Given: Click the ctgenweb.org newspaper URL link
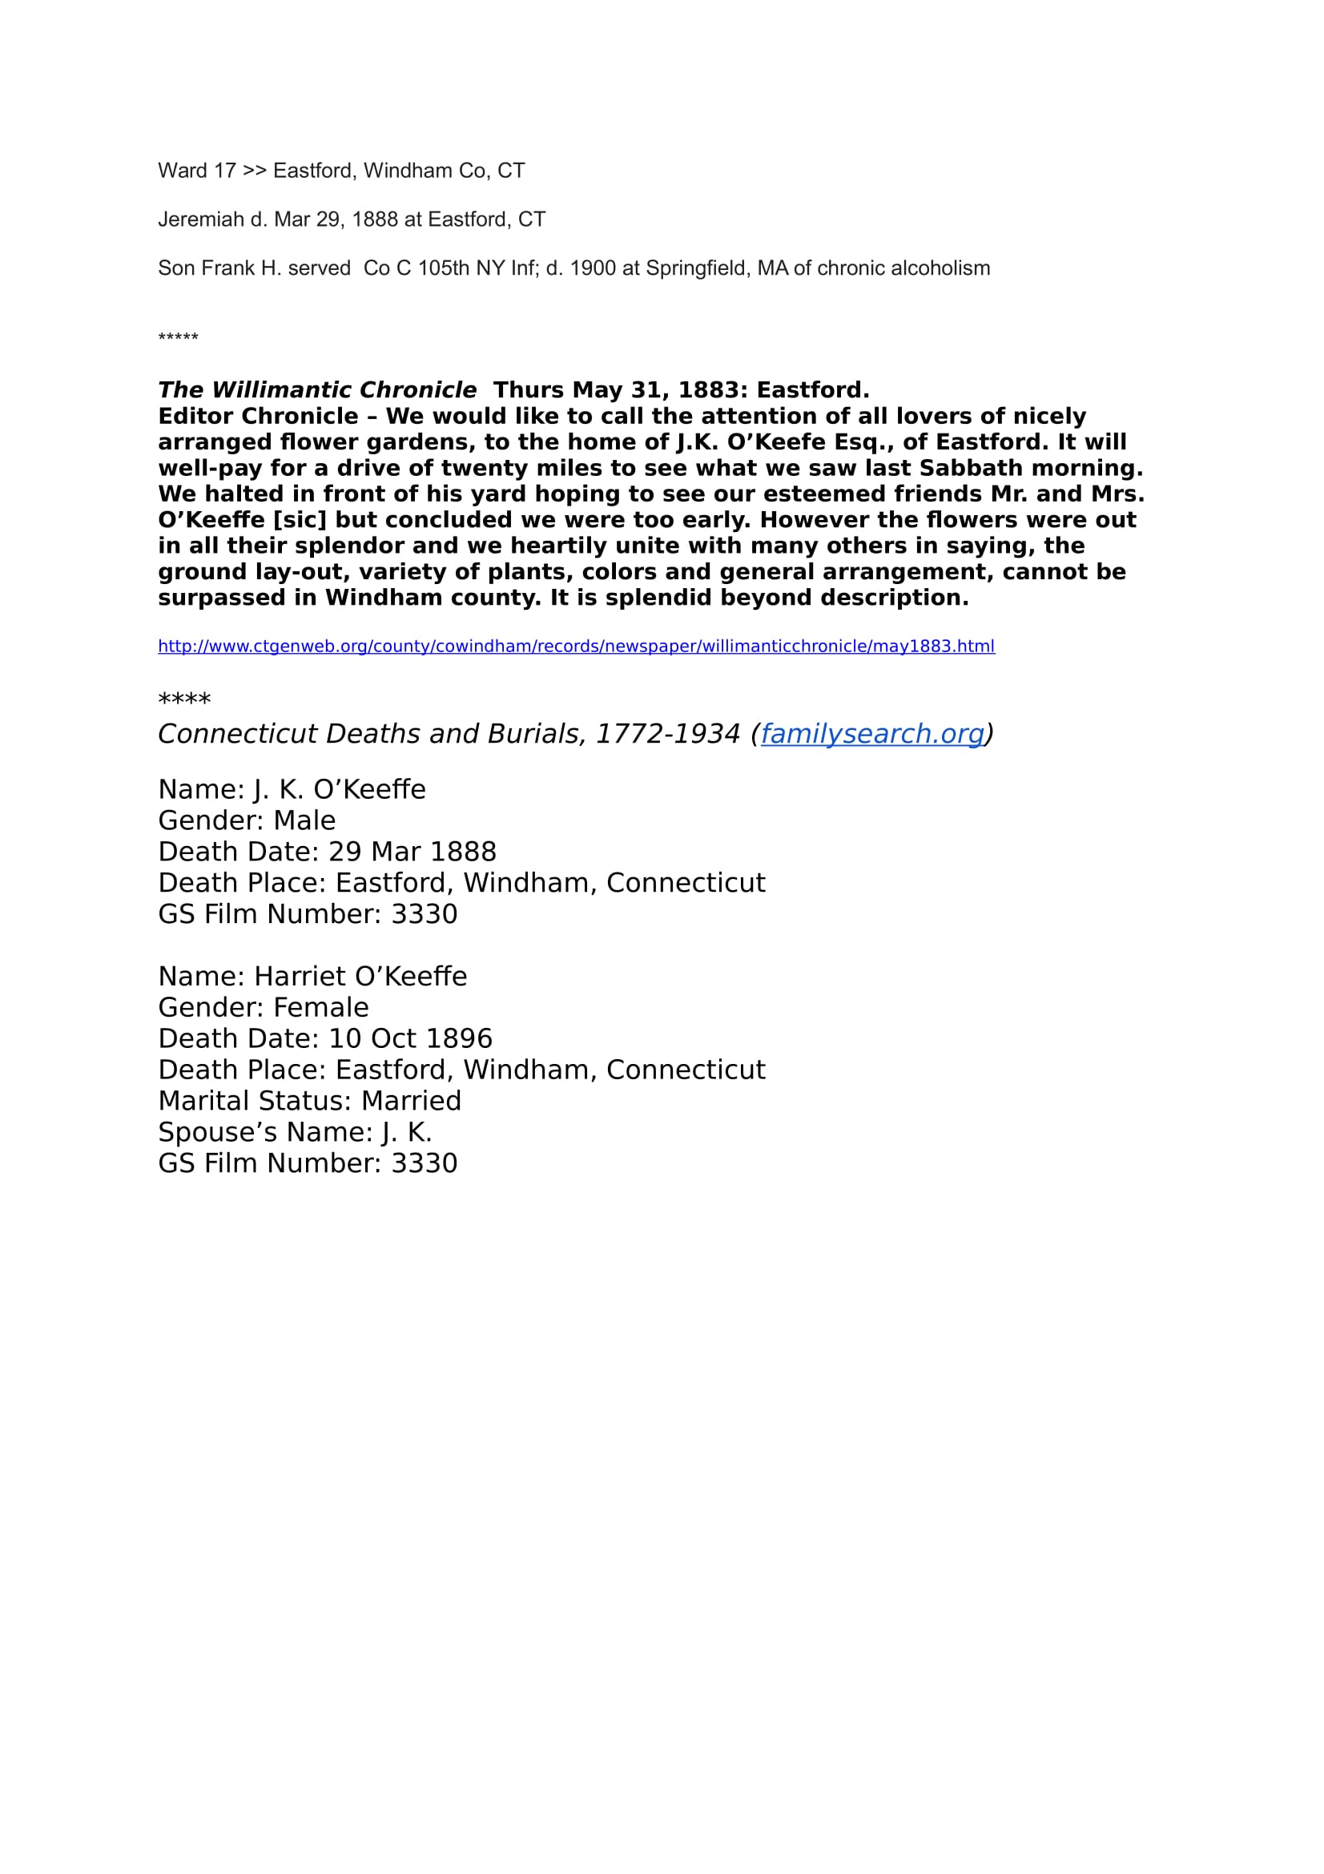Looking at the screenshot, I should coord(576,647).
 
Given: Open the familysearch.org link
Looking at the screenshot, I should coord(872,734).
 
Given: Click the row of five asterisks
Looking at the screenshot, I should coord(178,337).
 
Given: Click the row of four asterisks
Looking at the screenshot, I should coord(184,699).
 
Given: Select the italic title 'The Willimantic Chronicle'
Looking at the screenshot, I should coord(316,390).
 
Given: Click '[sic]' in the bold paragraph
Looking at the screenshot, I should coord(300,520).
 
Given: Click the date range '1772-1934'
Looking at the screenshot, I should coord(667,734).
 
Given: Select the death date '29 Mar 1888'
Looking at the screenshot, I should coord(412,852).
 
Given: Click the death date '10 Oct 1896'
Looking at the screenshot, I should coord(410,1039).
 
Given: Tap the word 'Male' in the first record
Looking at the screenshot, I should coord(304,820).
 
